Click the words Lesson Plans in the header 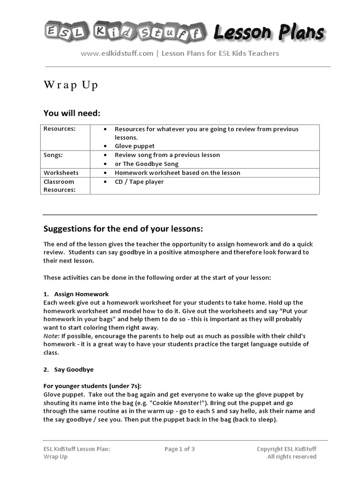click(x=269, y=32)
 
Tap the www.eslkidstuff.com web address click(x=117, y=53)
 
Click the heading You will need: click(x=72, y=113)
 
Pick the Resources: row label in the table click(x=60, y=129)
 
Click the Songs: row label click(x=53, y=155)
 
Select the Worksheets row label click(x=61, y=173)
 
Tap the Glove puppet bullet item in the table click(x=135, y=146)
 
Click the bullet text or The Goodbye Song click(x=147, y=164)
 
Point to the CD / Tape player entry click(x=139, y=182)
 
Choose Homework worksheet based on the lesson click(x=177, y=173)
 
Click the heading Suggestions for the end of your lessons click(x=123, y=229)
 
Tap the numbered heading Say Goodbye click(x=74, y=369)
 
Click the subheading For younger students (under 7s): click(x=92, y=386)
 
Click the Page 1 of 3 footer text click(x=180, y=449)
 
